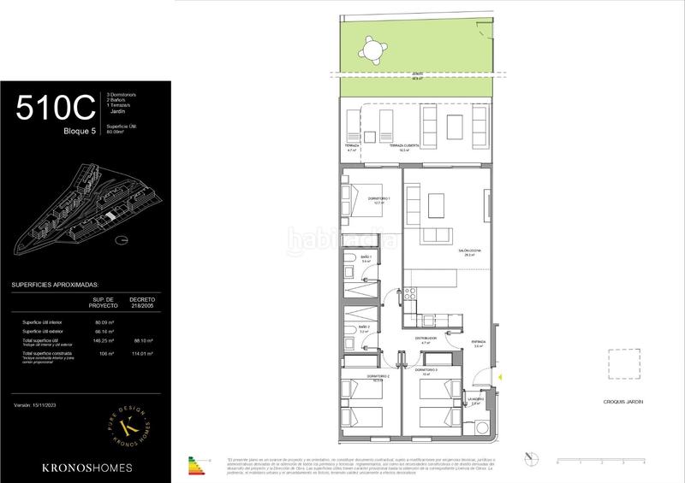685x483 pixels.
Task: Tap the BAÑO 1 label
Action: pos(365,258)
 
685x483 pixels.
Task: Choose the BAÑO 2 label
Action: pos(364,328)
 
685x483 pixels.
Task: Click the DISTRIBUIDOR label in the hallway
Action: pos(426,339)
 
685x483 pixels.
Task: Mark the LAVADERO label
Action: pos(476,399)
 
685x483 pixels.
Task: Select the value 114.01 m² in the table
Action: pos(141,353)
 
